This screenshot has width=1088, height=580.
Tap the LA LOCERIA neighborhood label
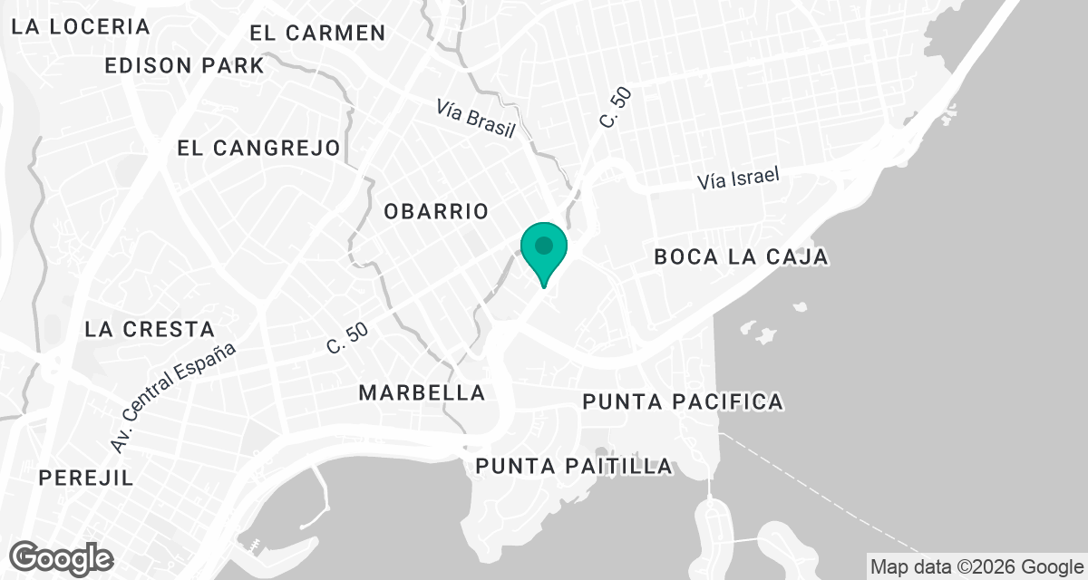(81, 26)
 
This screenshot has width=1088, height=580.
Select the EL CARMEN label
(317, 34)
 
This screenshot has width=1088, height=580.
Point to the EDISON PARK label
(184, 66)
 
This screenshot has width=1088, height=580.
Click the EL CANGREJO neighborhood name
(258, 148)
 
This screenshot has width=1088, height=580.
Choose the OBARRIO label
(436, 211)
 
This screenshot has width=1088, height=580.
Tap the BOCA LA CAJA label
(741, 257)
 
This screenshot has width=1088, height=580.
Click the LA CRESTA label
(150, 329)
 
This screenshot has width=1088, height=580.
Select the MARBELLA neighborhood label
(422, 393)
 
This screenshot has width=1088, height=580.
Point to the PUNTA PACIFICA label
(682, 401)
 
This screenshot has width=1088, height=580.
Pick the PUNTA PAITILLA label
(575, 467)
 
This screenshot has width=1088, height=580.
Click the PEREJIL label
(86, 478)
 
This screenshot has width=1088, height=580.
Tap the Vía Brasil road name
(475, 119)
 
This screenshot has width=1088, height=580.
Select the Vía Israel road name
(739, 179)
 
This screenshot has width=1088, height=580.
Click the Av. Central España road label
(173, 399)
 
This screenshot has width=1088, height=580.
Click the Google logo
(62, 557)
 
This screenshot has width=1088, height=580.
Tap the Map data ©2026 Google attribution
(976, 567)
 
